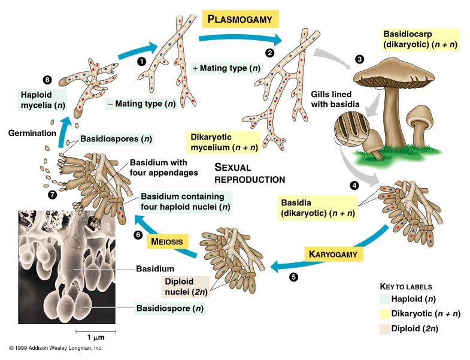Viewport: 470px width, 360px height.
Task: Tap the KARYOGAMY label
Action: click(336, 254)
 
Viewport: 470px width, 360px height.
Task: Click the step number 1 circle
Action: click(141, 60)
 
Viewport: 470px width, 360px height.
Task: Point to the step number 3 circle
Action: click(359, 59)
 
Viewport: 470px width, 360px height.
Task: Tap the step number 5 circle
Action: click(293, 277)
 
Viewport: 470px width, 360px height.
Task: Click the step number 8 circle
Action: click(48, 80)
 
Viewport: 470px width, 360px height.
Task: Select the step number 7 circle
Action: click(53, 195)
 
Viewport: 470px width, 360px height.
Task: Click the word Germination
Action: click(32, 133)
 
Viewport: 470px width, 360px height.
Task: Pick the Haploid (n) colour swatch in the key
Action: click(384, 300)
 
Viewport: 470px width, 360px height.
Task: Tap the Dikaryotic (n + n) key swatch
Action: click(384, 314)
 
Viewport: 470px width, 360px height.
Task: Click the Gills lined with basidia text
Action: click(335, 99)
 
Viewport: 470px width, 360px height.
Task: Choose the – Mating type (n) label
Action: click(141, 104)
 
